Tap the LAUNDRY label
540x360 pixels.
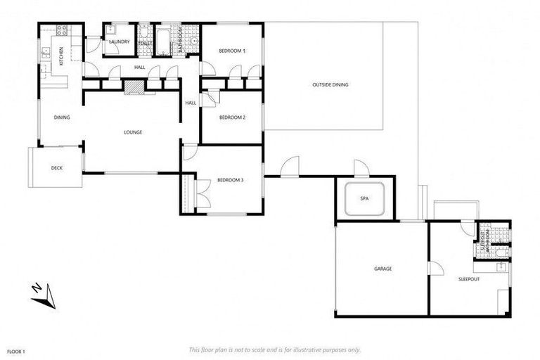[x=118, y=41]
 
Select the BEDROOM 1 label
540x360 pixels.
[x=232, y=51]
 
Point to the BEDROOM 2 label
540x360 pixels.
[x=232, y=117]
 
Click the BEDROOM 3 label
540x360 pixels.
[x=230, y=181]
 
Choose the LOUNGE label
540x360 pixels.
[x=133, y=131]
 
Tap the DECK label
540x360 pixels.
[x=57, y=168]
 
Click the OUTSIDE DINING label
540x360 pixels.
[x=330, y=85]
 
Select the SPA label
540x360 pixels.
[x=364, y=199]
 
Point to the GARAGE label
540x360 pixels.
[x=382, y=269]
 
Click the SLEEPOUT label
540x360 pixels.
[x=468, y=278]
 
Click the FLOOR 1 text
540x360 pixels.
[x=15, y=351]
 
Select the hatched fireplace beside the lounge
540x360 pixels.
[x=134, y=86]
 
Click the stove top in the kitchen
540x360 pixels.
[x=60, y=31]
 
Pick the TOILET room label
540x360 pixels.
[x=146, y=43]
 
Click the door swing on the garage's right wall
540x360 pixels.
[x=437, y=269]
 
